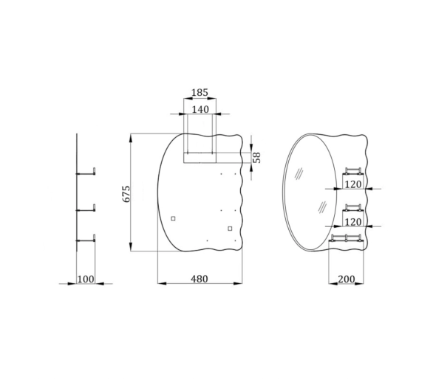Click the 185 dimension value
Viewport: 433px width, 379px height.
[x=200, y=93]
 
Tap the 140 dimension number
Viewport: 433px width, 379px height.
[x=200, y=109]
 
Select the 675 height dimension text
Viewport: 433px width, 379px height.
[x=126, y=194]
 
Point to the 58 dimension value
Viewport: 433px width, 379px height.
[x=257, y=157]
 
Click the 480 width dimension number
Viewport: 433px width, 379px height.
[x=199, y=279]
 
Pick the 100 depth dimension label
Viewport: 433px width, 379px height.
[x=85, y=279]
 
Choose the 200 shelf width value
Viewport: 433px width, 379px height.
[x=346, y=279]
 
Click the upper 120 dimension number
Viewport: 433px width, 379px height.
[x=353, y=184]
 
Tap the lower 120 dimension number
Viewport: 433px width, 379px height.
[x=353, y=222]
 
